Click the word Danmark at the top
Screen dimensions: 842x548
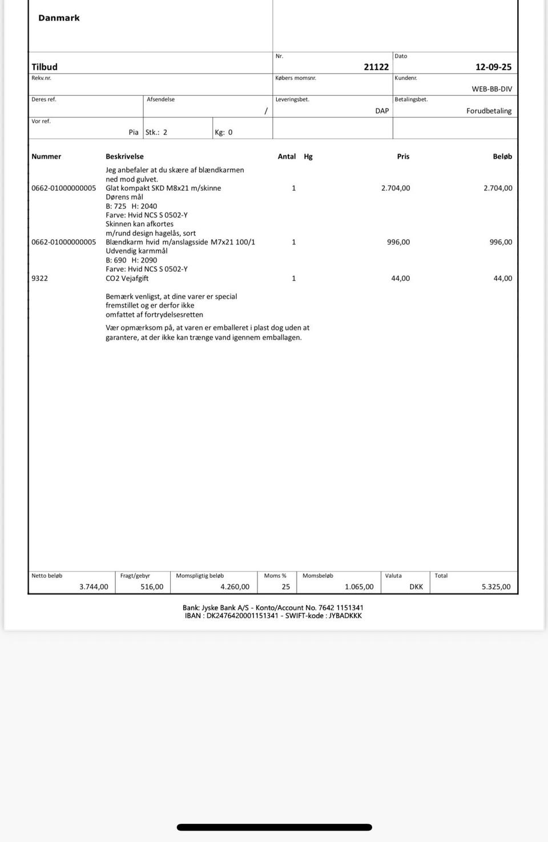coord(59,18)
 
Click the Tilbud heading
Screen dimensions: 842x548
coord(45,67)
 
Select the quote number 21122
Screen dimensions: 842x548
coord(376,67)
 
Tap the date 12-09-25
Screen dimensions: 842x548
coord(493,67)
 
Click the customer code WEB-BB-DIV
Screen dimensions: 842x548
coord(491,89)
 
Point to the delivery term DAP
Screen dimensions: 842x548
coord(382,111)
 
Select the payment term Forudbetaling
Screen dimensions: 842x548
coord(489,111)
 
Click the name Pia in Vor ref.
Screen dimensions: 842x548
coord(134,132)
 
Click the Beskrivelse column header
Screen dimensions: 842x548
coord(124,156)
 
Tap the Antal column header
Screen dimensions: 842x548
coord(287,156)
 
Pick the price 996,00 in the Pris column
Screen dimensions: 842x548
coord(398,242)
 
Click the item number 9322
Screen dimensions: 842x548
coord(40,279)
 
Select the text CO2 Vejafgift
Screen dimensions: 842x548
coord(127,279)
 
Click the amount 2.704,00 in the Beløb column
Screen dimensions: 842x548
coord(498,188)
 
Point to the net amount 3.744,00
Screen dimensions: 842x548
coord(94,587)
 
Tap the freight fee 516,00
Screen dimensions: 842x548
coord(152,587)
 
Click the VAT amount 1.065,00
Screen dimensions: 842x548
coord(359,587)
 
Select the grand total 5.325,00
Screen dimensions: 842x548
coord(496,587)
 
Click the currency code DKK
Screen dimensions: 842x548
coord(416,587)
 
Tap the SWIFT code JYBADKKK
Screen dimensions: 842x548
coord(345,616)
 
